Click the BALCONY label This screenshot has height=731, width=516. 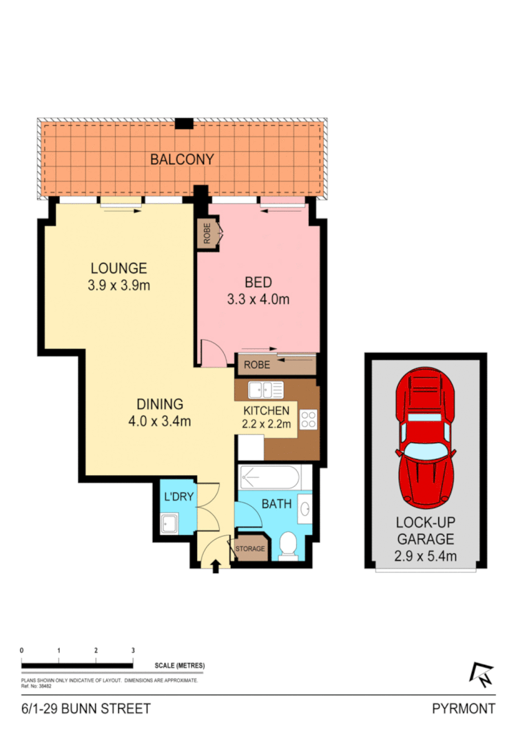click(x=183, y=159)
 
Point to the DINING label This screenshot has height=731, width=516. click(x=158, y=404)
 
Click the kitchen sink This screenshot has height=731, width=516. click(x=265, y=390)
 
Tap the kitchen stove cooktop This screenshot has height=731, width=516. click(x=309, y=420)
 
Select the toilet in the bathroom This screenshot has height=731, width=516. click(x=287, y=548)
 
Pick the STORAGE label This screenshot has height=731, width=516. click(x=250, y=549)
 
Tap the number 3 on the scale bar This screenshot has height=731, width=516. click(x=132, y=650)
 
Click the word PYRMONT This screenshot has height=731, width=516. click(x=463, y=708)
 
